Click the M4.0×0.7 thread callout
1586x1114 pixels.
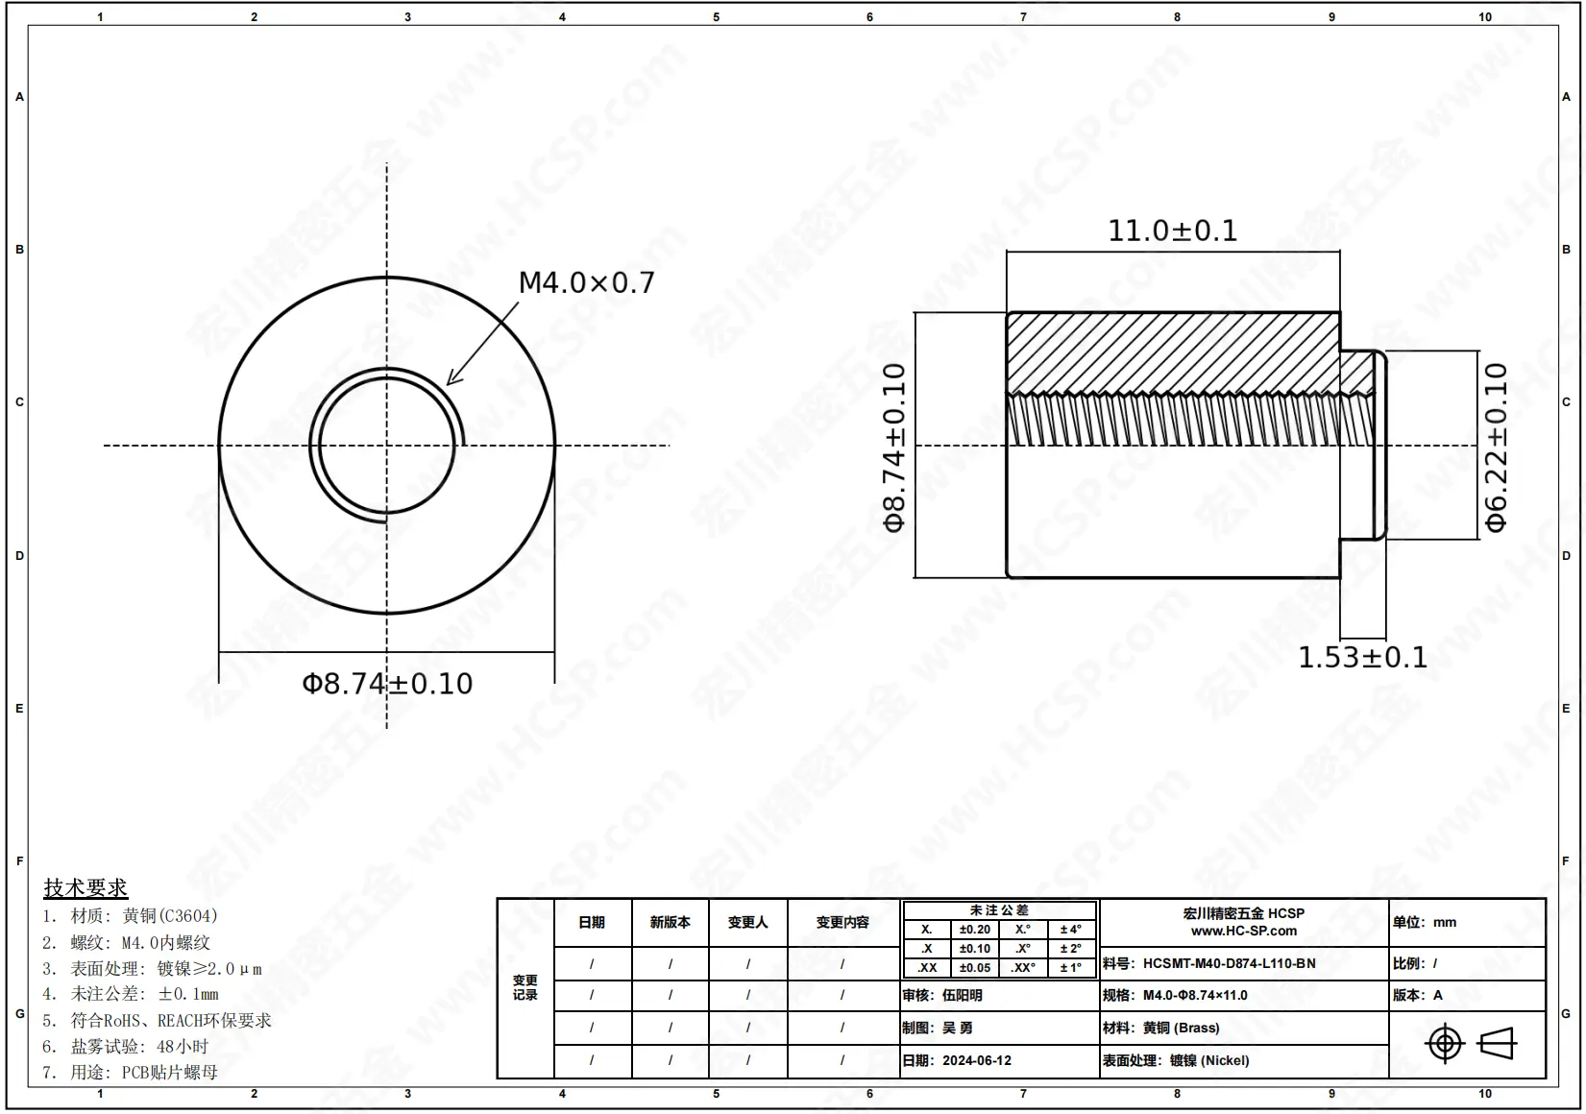[x=586, y=283]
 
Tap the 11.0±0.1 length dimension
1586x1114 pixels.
[x=1173, y=231]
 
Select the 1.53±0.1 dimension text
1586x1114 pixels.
[x=1362, y=658]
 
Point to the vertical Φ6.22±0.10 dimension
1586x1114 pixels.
[x=1497, y=447]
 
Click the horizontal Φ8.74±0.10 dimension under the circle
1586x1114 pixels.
[x=387, y=684]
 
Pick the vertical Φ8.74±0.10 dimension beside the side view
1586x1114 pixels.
[x=894, y=447]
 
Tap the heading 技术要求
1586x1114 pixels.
[x=85, y=887]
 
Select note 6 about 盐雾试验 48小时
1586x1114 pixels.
[x=125, y=1047]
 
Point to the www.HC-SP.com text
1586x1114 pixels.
[x=1244, y=931]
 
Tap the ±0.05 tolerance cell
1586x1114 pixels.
[x=974, y=968]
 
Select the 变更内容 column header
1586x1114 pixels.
[x=842, y=922]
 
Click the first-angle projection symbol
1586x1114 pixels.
[x=1470, y=1043]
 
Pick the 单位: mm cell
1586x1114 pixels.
[x=1425, y=922]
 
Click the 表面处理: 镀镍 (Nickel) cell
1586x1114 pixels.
[x=1177, y=1061]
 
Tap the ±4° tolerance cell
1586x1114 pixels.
[x=1070, y=930]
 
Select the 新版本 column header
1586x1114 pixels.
[x=670, y=922]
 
